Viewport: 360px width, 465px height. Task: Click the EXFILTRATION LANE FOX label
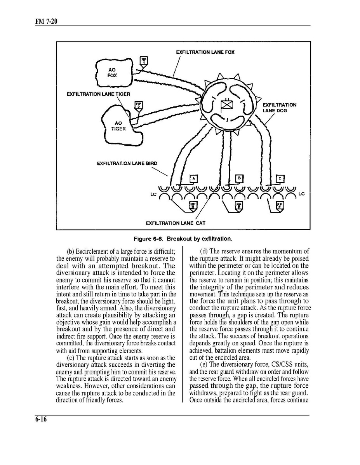point(205,52)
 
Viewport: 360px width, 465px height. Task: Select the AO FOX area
point(113,73)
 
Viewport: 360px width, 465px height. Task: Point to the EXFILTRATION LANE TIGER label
point(98,94)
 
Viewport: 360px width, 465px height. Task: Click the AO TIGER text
point(118,126)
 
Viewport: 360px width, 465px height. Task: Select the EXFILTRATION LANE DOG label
point(279,108)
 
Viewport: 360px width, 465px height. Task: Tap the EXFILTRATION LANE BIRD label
point(127,164)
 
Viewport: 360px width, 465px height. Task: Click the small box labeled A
point(193,178)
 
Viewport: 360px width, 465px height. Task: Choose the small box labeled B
point(240,178)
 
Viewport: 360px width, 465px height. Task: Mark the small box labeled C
point(280,178)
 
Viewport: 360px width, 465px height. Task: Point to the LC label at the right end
point(302,193)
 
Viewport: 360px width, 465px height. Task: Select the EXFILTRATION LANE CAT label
point(176,223)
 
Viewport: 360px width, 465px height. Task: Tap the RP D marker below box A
point(193,206)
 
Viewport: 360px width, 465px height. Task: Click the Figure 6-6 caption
point(183,238)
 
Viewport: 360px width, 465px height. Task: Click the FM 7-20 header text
point(45,21)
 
